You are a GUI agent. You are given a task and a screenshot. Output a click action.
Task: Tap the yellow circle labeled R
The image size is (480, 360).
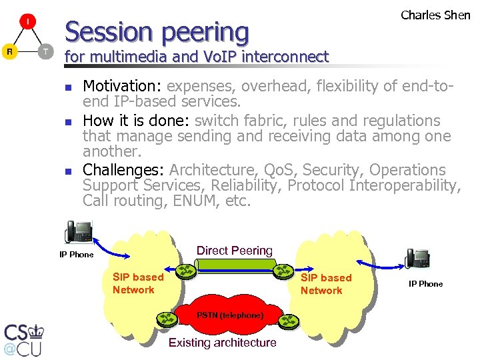pos(10,51)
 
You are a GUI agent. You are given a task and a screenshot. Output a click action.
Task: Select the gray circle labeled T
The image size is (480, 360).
pos(45,51)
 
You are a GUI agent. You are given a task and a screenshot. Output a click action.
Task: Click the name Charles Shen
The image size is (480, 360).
pos(435,15)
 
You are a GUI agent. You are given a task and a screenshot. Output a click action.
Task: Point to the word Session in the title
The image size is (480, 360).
pos(108,31)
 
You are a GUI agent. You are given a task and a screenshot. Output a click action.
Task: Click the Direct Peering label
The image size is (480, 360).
pos(234,251)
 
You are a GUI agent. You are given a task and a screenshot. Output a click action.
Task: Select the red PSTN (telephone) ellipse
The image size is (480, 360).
pos(229,315)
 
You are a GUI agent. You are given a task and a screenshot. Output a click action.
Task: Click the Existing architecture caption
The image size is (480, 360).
pos(222,343)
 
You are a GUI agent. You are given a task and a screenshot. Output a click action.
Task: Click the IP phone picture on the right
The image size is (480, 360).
pos(417,258)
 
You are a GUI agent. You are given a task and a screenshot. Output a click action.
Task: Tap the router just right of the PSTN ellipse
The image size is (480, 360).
pos(288,321)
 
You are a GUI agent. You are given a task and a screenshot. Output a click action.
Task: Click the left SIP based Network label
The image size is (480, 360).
pos(137,283)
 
